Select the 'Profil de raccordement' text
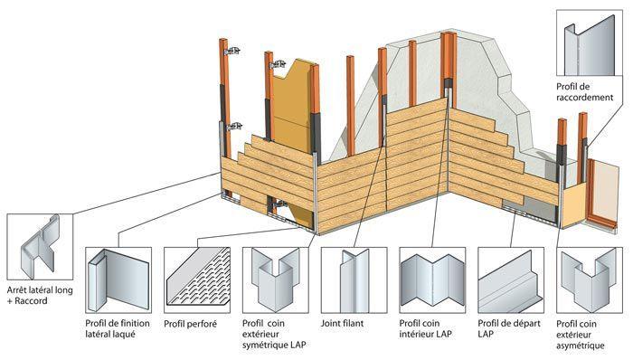pos(587,90)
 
